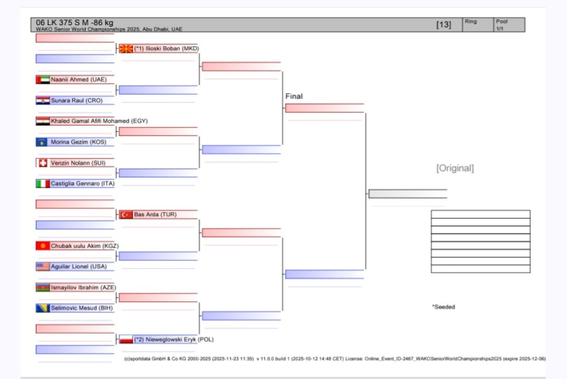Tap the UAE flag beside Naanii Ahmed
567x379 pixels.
pos(43,79)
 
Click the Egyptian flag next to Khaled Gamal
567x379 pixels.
pos(43,121)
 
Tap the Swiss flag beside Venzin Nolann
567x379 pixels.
pos(43,163)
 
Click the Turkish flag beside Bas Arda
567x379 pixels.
pos(126,215)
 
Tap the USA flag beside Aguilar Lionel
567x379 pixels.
pos(43,266)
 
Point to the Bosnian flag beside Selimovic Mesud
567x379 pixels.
pos(43,308)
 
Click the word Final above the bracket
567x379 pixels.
pos(294,96)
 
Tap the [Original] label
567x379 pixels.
pos(454,168)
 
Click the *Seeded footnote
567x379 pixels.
pos(445,307)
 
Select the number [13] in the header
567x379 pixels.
pos(443,24)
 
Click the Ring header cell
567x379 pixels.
pos(471,21)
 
